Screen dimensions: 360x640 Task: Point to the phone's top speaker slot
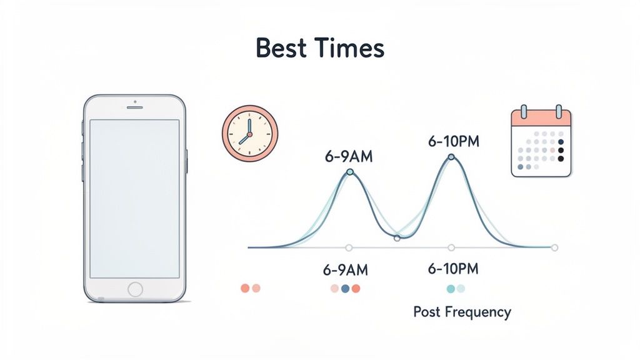pos(135,107)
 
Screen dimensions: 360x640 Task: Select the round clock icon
pos(250,133)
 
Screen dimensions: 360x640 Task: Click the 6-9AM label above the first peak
pos(348,156)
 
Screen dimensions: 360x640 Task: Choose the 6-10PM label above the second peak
pos(453,141)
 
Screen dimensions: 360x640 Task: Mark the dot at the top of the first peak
pos(349,171)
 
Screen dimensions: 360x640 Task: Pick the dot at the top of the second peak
pos(451,156)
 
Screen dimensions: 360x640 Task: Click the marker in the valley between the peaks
pos(397,237)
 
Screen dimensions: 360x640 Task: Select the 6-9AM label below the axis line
pos(346,270)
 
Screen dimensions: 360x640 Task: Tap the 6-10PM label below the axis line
pos(453,269)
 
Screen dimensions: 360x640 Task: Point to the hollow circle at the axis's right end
pos(554,247)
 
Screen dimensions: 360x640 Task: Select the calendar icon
pos(541,142)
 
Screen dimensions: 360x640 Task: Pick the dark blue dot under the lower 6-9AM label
pos(346,288)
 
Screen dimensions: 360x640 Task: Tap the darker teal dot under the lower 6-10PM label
pos(451,288)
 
